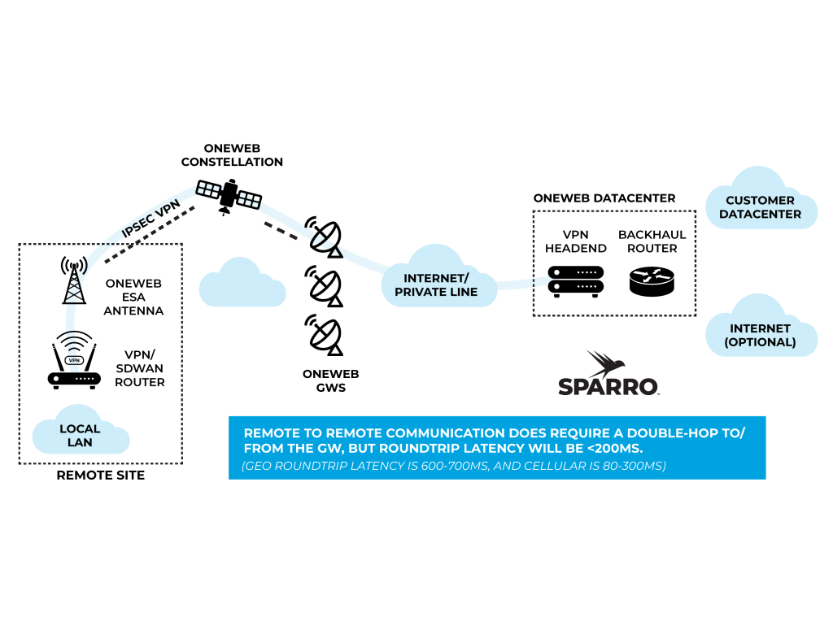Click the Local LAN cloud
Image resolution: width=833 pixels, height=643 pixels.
(x=80, y=435)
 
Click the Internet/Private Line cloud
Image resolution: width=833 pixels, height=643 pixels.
(x=437, y=285)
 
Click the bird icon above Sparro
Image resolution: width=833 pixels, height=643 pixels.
(x=606, y=363)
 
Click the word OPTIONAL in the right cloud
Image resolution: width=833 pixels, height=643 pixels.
(x=761, y=342)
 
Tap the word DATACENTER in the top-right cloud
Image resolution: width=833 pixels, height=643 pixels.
(x=760, y=214)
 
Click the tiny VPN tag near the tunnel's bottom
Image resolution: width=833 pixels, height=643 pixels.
(x=73, y=360)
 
